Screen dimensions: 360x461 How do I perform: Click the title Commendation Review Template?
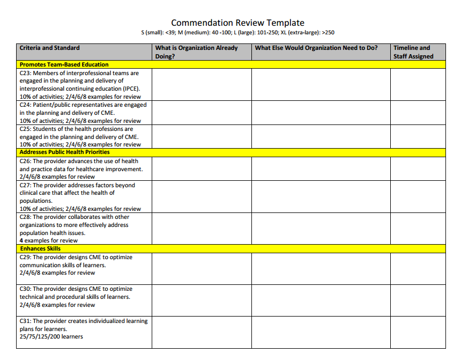coord(237,23)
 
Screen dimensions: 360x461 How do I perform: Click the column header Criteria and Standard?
coord(49,48)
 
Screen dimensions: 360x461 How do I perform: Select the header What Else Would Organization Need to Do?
coord(316,48)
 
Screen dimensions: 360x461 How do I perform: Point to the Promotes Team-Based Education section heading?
coord(64,64)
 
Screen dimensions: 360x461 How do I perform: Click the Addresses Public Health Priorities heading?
coord(64,152)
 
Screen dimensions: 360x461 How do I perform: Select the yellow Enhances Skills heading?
coord(40,248)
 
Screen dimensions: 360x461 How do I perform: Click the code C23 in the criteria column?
coord(25,73)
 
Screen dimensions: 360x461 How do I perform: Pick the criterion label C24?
coord(25,105)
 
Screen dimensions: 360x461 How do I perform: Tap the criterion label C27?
coord(25,185)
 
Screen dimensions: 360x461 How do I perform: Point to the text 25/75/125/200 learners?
coord(51,337)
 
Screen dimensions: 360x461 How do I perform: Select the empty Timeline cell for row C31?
coord(418,332)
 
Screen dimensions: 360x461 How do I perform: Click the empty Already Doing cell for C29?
coord(202,268)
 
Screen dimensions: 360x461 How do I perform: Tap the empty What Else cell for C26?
coord(321,168)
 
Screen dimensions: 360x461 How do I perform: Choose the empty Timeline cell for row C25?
coord(418,136)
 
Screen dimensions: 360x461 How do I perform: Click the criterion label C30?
coord(25,289)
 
